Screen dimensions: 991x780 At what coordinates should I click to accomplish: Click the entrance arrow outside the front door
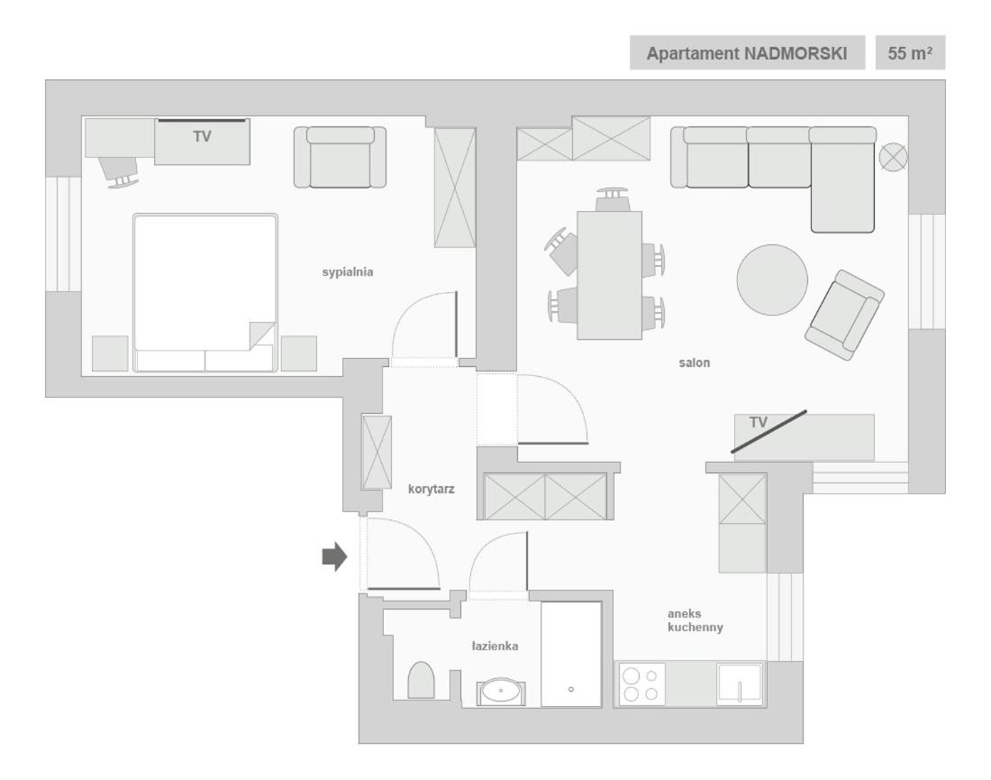335,556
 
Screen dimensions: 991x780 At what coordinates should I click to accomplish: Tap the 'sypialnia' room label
348,272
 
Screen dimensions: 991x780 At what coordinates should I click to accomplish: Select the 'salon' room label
694,362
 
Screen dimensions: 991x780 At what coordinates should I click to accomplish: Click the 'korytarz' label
431,489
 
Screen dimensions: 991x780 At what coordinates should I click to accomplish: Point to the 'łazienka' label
495,646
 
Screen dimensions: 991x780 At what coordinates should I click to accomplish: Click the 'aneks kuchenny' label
695,620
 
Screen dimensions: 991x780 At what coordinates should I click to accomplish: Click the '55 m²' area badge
910,52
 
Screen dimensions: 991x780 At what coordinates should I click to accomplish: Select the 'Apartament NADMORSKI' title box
747,52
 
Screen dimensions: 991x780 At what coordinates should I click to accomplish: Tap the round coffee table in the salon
772,280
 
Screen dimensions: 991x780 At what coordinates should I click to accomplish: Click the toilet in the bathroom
421,680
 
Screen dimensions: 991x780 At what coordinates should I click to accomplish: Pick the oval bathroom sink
501,691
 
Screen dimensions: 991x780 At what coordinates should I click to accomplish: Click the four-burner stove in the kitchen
641,684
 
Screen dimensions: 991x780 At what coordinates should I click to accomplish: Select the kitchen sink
740,684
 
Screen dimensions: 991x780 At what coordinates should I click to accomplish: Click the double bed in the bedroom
205,292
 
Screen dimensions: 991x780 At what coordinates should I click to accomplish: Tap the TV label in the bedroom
202,137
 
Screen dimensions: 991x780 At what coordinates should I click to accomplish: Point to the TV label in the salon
759,422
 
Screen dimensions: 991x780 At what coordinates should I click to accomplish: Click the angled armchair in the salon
844,315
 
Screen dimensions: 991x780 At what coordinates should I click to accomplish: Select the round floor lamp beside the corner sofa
893,157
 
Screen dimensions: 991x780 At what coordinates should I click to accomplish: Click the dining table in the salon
609,275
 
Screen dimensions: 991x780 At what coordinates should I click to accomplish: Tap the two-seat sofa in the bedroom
340,157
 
